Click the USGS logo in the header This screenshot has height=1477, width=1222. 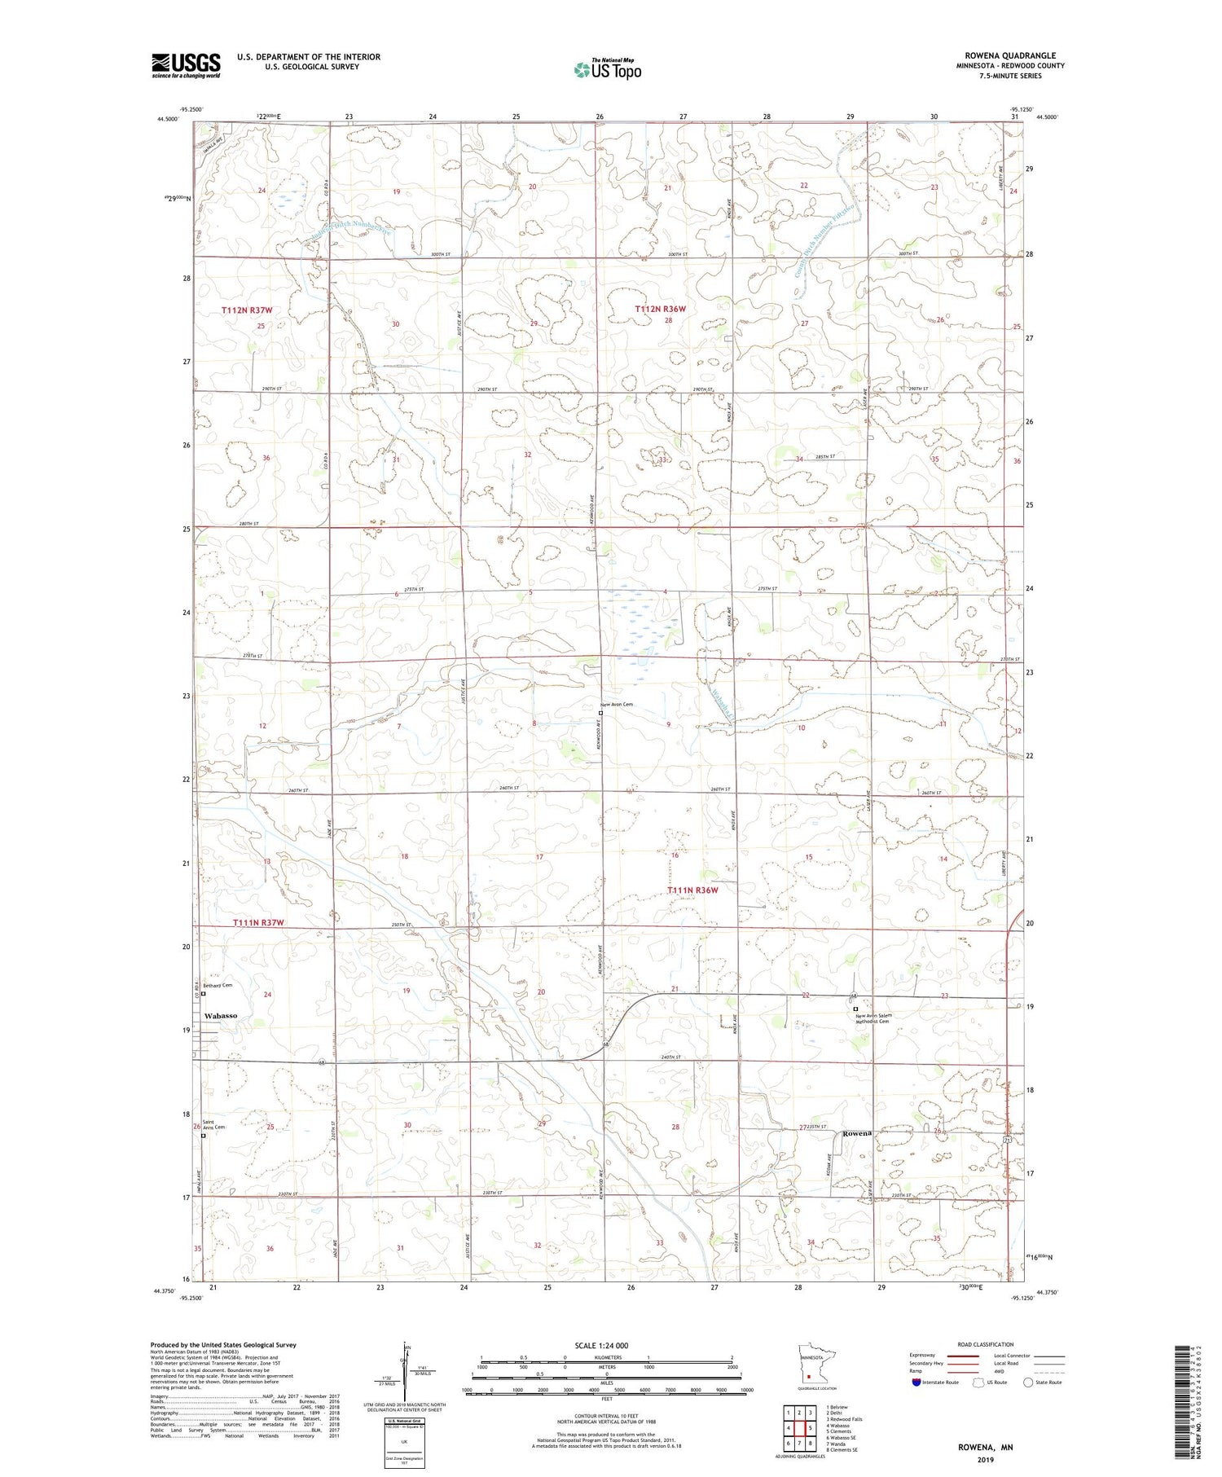pyautogui.click(x=186, y=65)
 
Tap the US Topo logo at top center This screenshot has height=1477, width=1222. pyautogui.click(x=607, y=69)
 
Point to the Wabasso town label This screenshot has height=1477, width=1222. pyautogui.click(x=221, y=1016)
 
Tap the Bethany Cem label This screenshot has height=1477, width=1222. pyautogui.click(x=218, y=985)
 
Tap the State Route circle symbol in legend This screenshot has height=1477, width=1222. pyautogui.click(x=1028, y=1382)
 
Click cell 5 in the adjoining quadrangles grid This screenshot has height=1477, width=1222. pyautogui.click(x=811, y=1427)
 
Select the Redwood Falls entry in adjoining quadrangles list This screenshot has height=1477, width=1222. pyautogui.click(x=843, y=1419)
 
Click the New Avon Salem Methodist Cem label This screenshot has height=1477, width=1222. pyautogui.click(x=873, y=1018)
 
